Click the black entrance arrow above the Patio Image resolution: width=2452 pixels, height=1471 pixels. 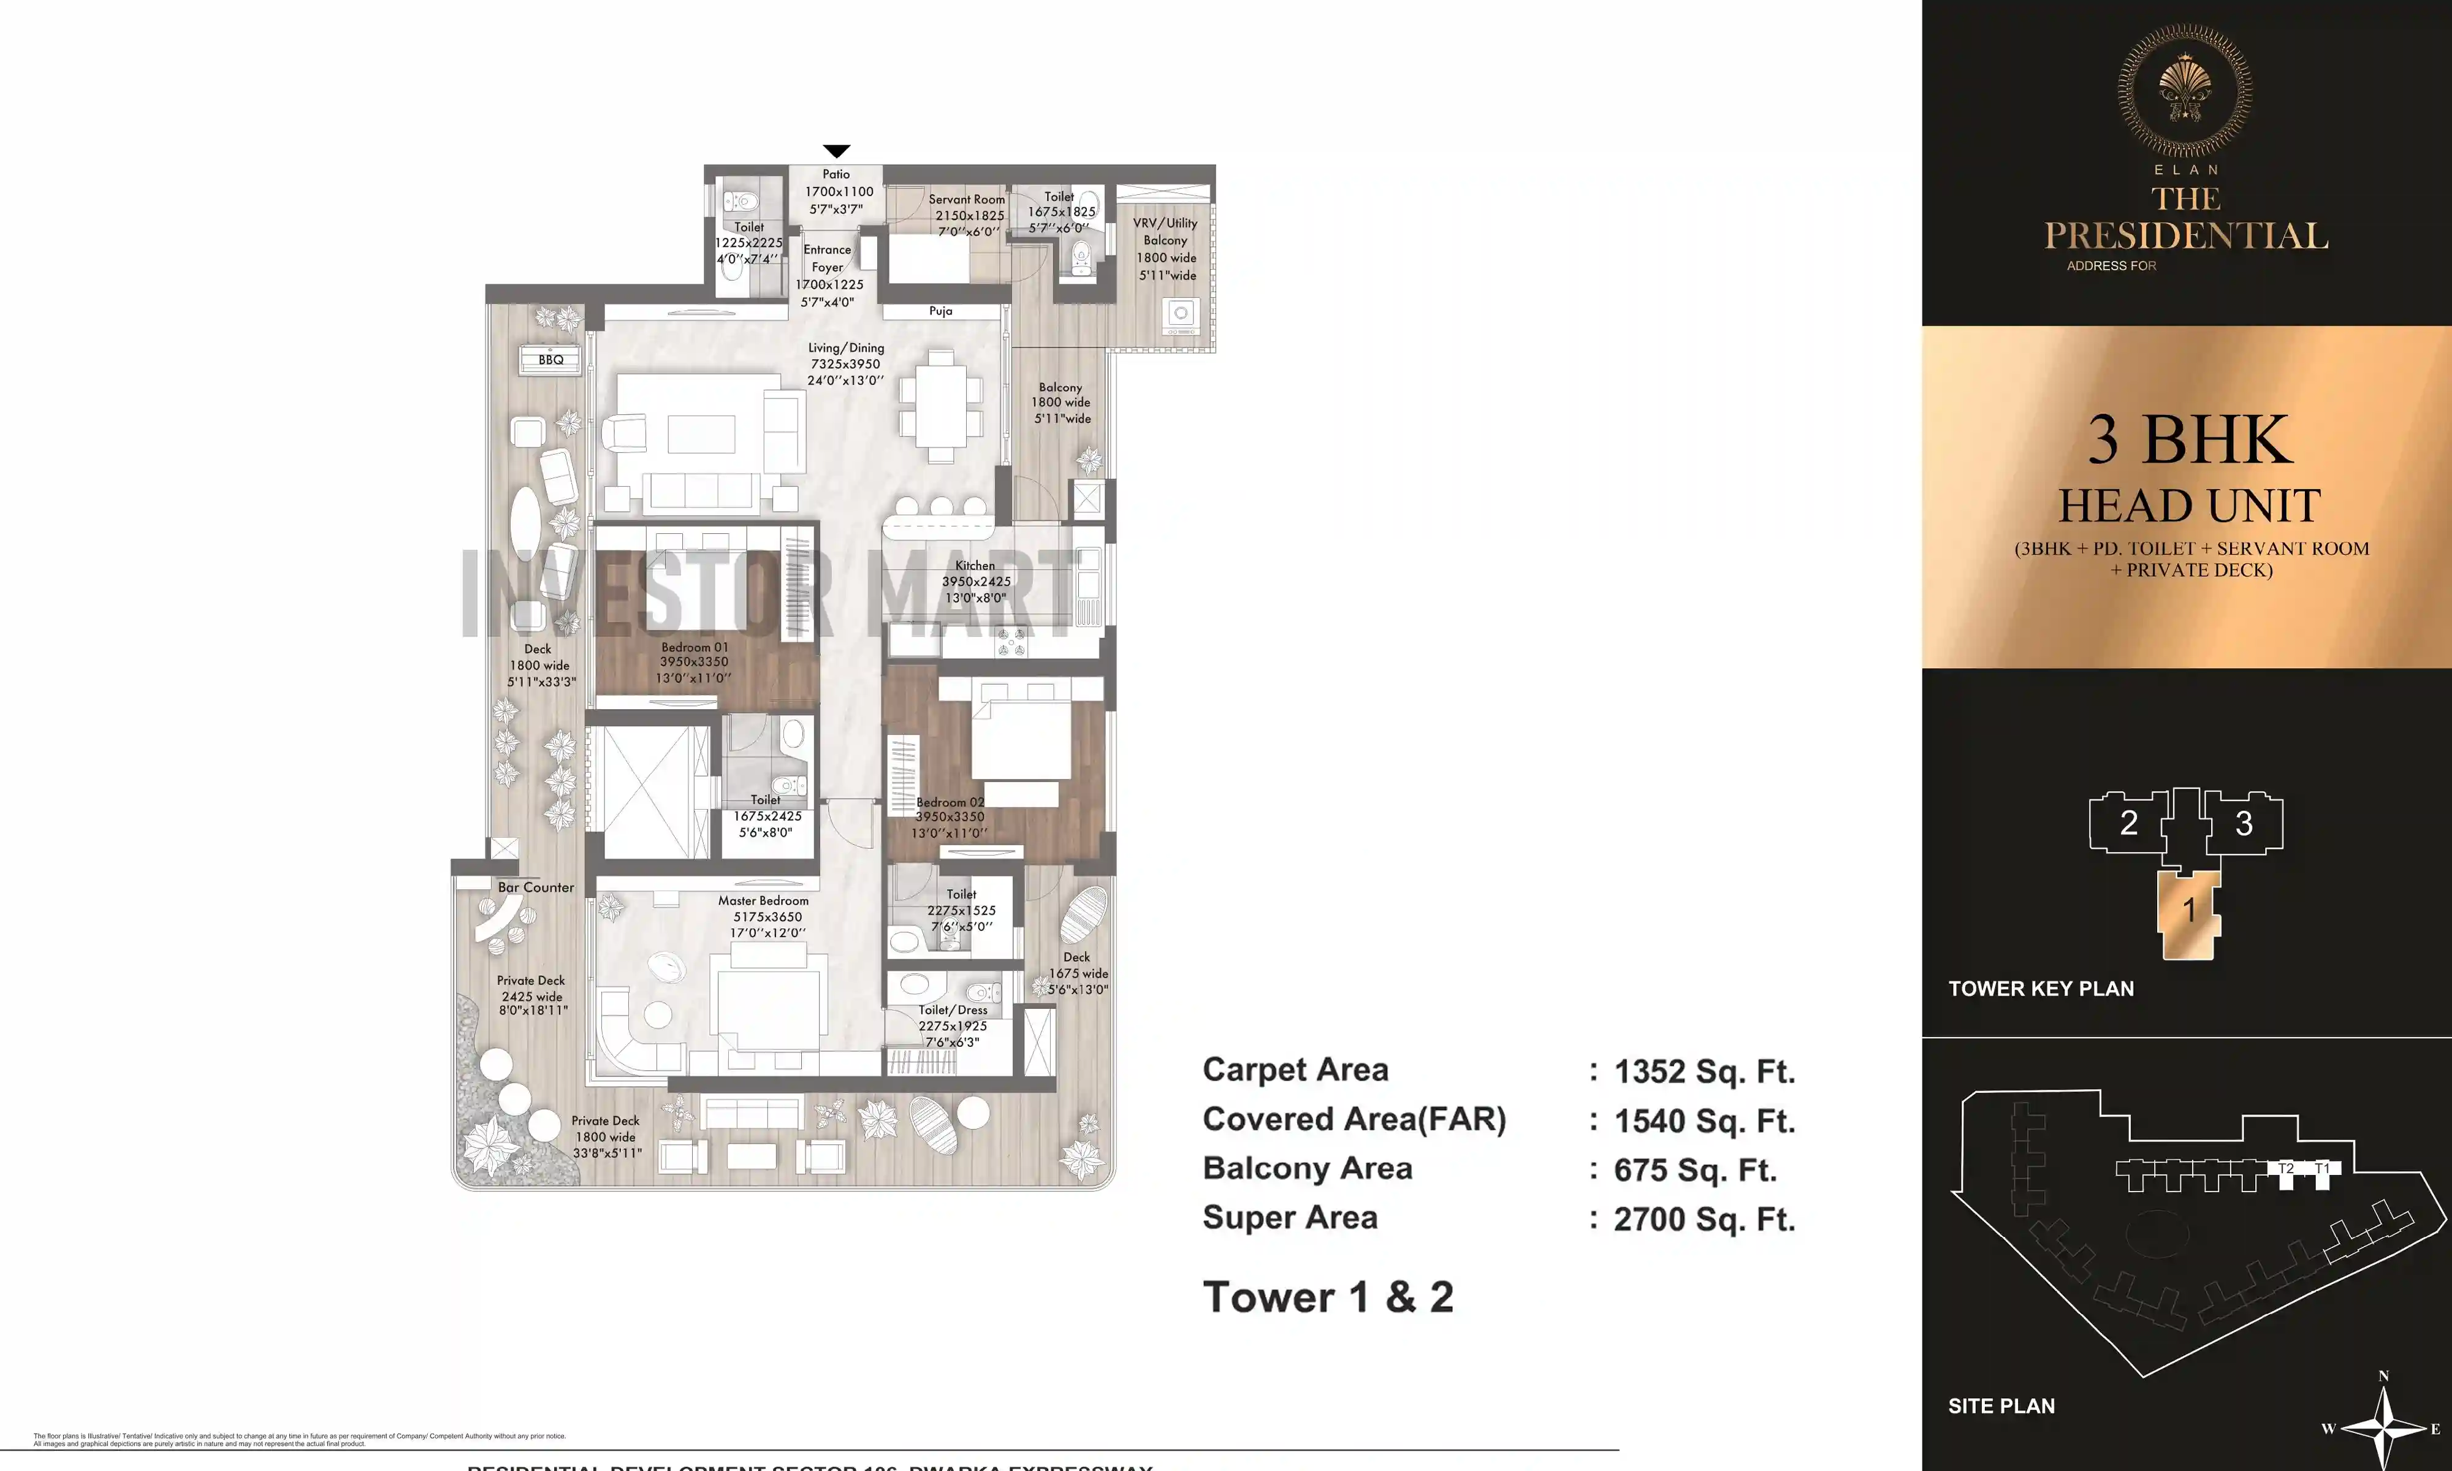(x=837, y=151)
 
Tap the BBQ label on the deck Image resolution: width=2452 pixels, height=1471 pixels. (x=551, y=360)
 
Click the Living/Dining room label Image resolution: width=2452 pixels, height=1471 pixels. (x=845, y=348)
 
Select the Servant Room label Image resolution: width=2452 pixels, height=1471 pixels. (x=966, y=199)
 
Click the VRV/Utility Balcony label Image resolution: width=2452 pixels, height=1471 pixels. (x=1165, y=232)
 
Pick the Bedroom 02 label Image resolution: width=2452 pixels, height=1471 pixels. (x=950, y=802)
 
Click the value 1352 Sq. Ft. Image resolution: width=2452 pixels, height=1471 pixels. (x=1704, y=1071)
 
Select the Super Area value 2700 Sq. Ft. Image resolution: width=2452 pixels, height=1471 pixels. (x=1704, y=1219)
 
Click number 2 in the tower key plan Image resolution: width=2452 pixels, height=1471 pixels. (x=2128, y=823)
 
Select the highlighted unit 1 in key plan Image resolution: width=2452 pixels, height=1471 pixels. (x=2190, y=910)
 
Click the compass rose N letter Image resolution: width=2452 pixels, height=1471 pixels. (x=2383, y=1376)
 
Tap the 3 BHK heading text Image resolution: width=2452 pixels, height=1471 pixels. (x=2190, y=440)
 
